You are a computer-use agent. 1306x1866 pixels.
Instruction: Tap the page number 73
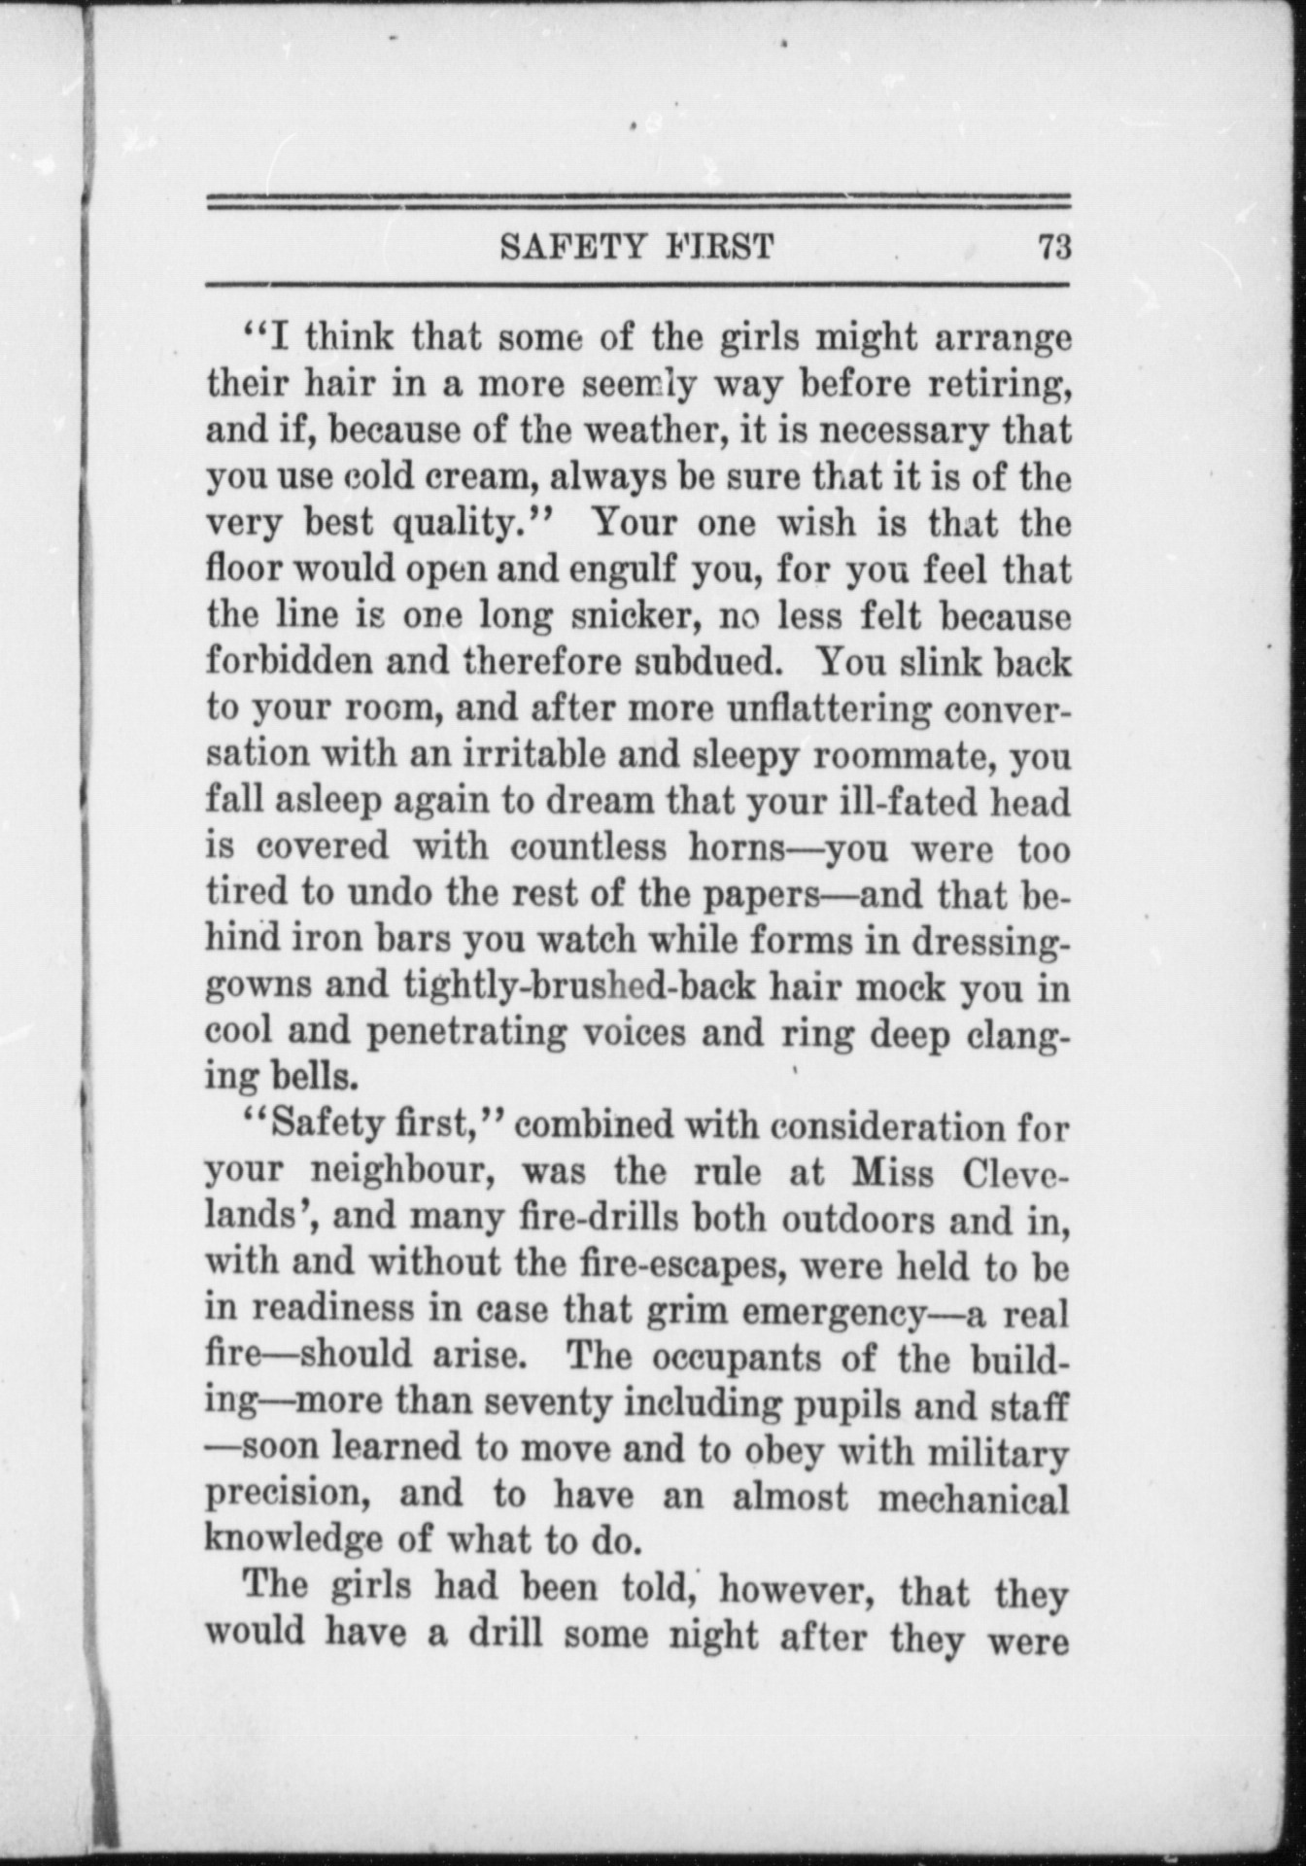pos(1053,247)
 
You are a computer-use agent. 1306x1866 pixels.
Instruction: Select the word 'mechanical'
pos(972,1498)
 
